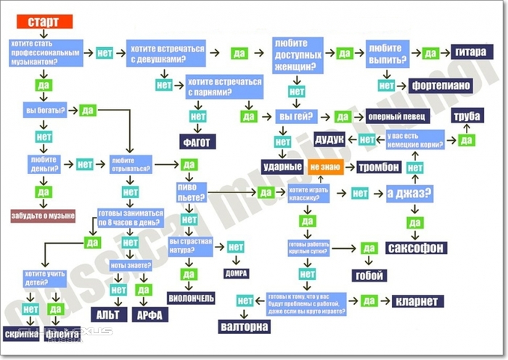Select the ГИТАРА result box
(471, 52)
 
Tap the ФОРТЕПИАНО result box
(440, 85)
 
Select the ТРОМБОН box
(378, 167)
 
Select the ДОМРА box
(237, 274)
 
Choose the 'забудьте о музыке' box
(43, 216)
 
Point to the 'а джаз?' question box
(409, 193)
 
